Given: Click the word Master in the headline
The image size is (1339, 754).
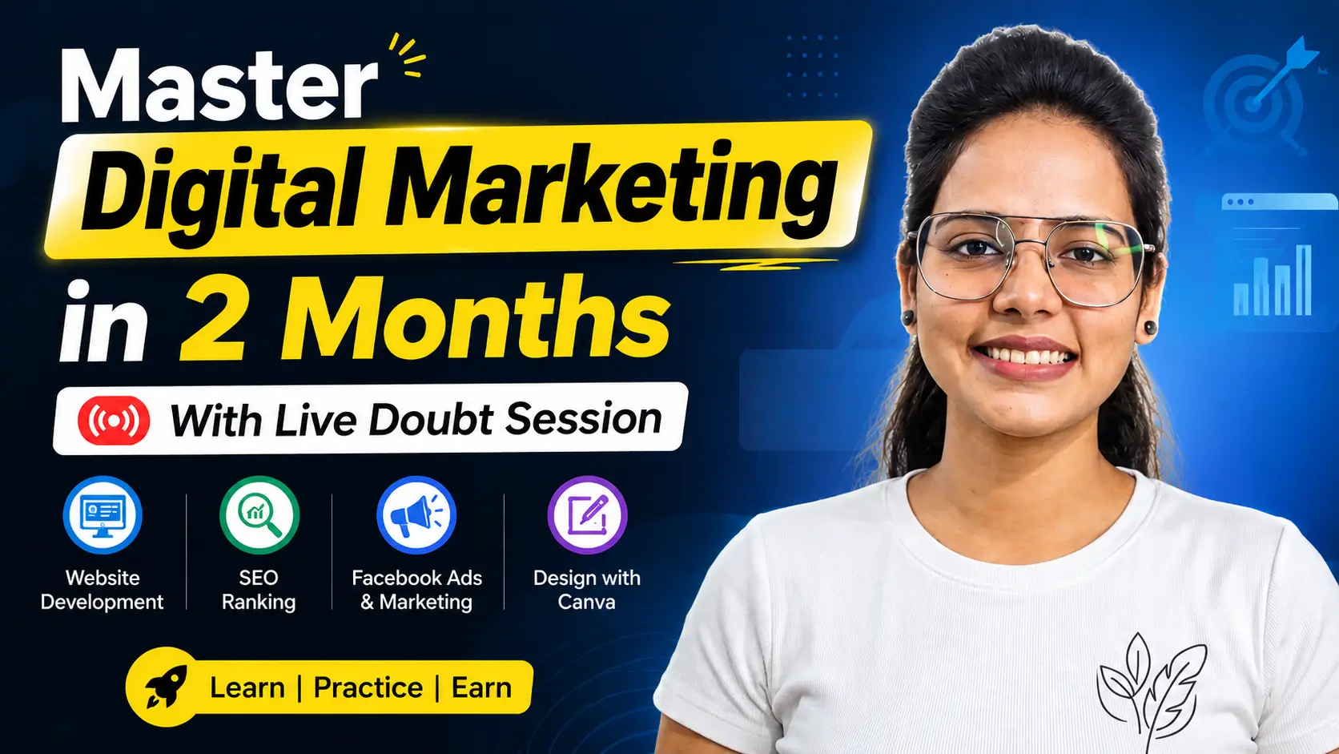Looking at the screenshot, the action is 219,86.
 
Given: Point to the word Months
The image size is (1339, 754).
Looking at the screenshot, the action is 476,317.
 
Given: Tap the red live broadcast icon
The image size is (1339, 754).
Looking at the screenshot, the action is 114,421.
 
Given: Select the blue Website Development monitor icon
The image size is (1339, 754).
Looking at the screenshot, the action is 103,515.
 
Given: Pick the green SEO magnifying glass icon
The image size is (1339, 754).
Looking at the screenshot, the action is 259,515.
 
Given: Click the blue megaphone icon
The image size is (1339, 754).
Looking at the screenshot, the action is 416,515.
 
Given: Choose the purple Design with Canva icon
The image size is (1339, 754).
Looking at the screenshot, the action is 587,515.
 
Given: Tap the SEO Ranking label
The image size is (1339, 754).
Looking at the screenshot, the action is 259,590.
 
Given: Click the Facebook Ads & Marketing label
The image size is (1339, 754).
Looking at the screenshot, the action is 416,590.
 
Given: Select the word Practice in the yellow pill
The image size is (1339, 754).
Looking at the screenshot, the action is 368,687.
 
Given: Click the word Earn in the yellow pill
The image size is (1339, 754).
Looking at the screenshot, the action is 481,687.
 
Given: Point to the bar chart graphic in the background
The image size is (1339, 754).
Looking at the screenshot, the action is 1273,280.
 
